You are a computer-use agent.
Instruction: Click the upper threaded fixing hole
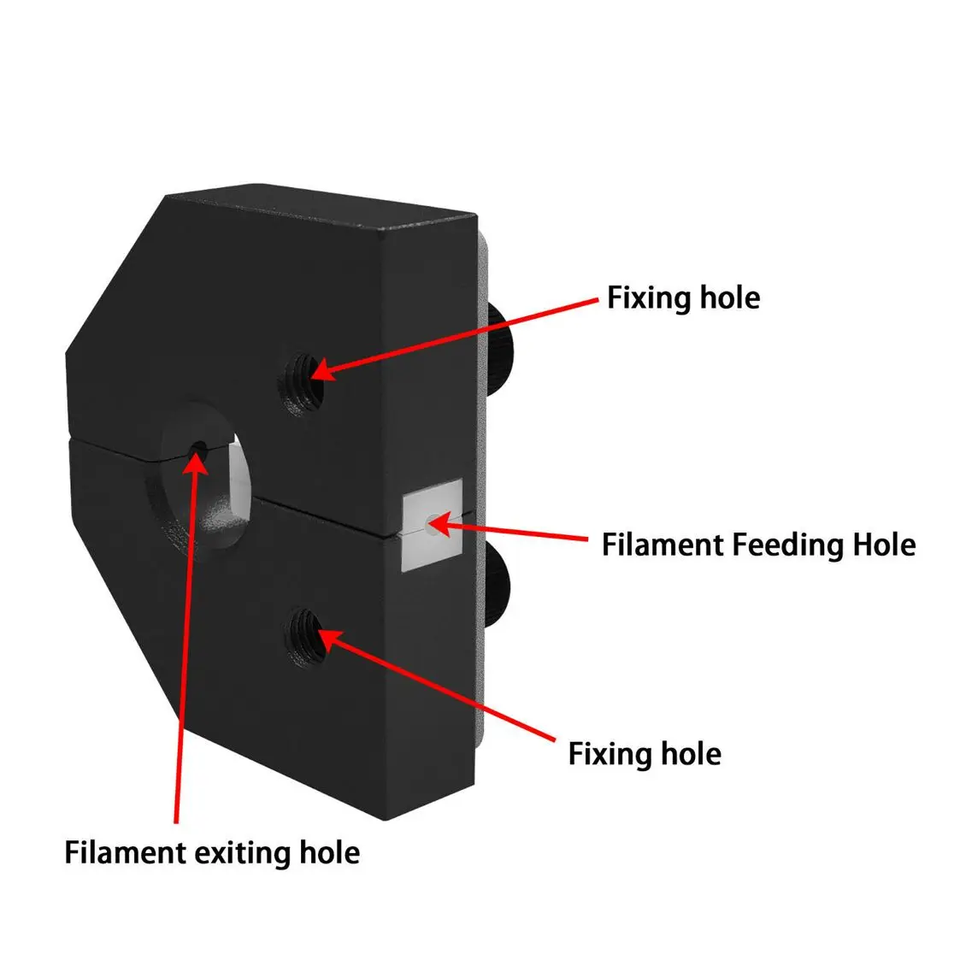pos(302,383)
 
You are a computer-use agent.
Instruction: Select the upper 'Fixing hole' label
pos(683,297)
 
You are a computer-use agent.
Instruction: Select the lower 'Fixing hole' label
pos(645,753)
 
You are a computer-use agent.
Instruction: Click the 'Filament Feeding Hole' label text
pos(758,545)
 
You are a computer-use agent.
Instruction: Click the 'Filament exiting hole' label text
pos(212,852)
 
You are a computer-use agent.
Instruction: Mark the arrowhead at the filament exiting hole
pos(196,464)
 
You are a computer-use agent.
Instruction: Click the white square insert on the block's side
pos(431,525)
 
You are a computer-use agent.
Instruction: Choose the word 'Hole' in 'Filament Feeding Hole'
pos(884,545)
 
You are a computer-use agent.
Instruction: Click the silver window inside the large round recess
pos(239,474)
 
